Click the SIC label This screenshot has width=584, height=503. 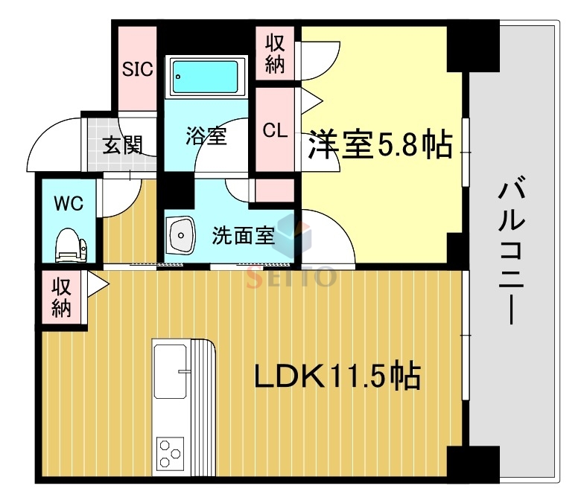[x=137, y=70]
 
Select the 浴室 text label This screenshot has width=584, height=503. [x=206, y=137]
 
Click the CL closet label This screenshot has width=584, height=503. [x=274, y=131]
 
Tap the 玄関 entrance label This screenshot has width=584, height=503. [x=121, y=144]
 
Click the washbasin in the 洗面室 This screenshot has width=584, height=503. [x=181, y=236]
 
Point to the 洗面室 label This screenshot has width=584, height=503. [x=244, y=236]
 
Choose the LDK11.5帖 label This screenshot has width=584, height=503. [x=337, y=377]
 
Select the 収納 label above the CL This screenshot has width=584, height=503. [x=275, y=53]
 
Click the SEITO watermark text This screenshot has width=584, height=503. [x=291, y=277]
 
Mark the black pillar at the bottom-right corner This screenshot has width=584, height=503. [x=472, y=463]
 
